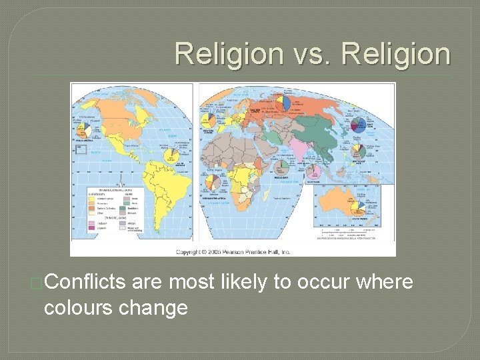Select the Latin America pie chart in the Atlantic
(172, 154)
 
